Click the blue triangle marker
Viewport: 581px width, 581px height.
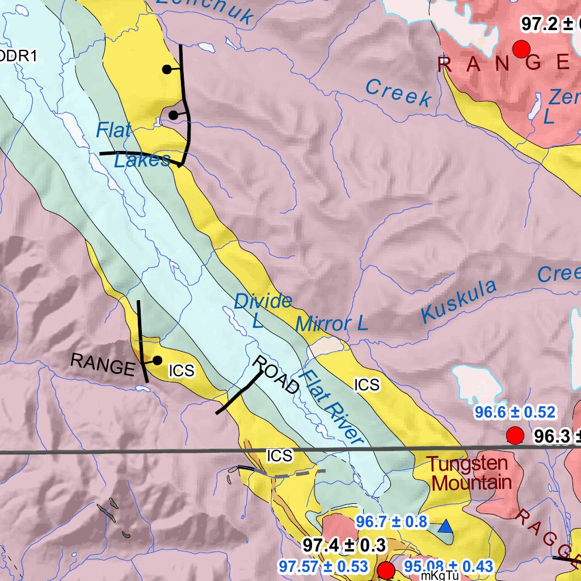[447, 528]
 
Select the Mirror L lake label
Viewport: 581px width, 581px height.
[332, 324]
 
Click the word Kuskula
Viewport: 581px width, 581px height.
[459, 301]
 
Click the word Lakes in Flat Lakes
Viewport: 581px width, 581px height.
[142, 160]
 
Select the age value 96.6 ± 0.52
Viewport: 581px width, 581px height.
[515, 412]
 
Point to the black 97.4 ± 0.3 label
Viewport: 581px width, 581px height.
[344, 546]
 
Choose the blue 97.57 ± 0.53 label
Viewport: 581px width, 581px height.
[323, 566]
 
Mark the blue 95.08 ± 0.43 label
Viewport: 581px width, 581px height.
[448, 566]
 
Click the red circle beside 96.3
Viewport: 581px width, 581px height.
[514, 436]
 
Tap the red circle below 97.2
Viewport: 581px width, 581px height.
[521, 49]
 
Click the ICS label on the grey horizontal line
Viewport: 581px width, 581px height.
[280, 456]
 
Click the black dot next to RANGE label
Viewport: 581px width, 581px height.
[157, 360]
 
